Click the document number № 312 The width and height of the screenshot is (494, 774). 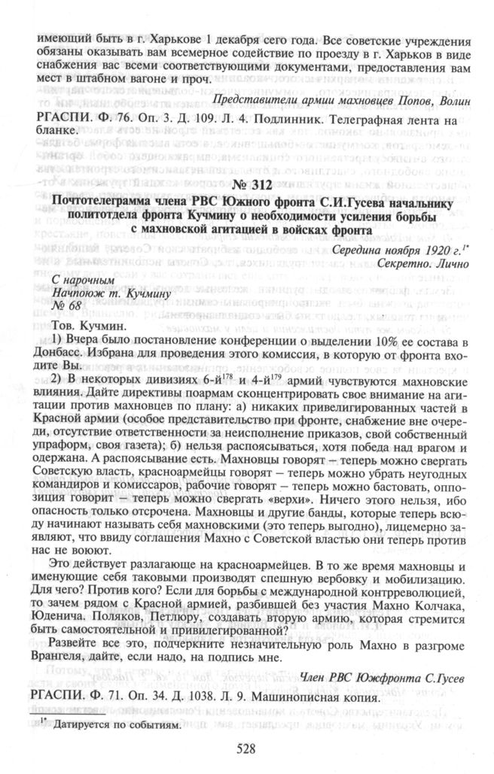[x=247, y=184]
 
